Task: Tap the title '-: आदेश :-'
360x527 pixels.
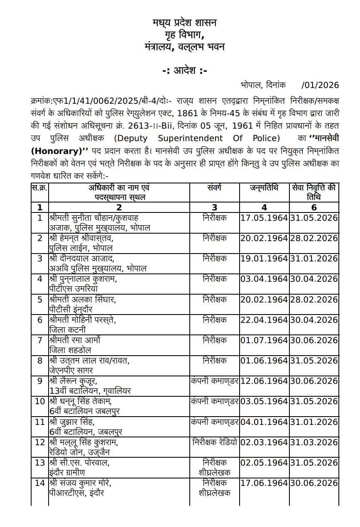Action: (x=184, y=71)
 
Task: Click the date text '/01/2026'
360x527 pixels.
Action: (x=320, y=85)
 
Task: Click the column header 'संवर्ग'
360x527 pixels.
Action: (x=214, y=188)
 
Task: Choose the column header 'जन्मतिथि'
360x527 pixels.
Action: (x=264, y=188)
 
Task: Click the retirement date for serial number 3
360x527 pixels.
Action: (x=314, y=259)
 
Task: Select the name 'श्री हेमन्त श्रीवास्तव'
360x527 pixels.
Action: (x=81, y=238)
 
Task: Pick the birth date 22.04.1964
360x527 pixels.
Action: (x=264, y=320)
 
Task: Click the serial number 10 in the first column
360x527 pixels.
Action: (x=40, y=401)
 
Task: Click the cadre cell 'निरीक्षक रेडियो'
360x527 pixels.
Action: (x=214, y=442)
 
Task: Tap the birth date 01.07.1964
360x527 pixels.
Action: (x=264, y=340)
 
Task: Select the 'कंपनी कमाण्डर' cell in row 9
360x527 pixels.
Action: (x=214, y=381)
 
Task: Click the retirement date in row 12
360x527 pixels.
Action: (x=314, y=442)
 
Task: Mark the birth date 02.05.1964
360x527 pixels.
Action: (x=264, y=463)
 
